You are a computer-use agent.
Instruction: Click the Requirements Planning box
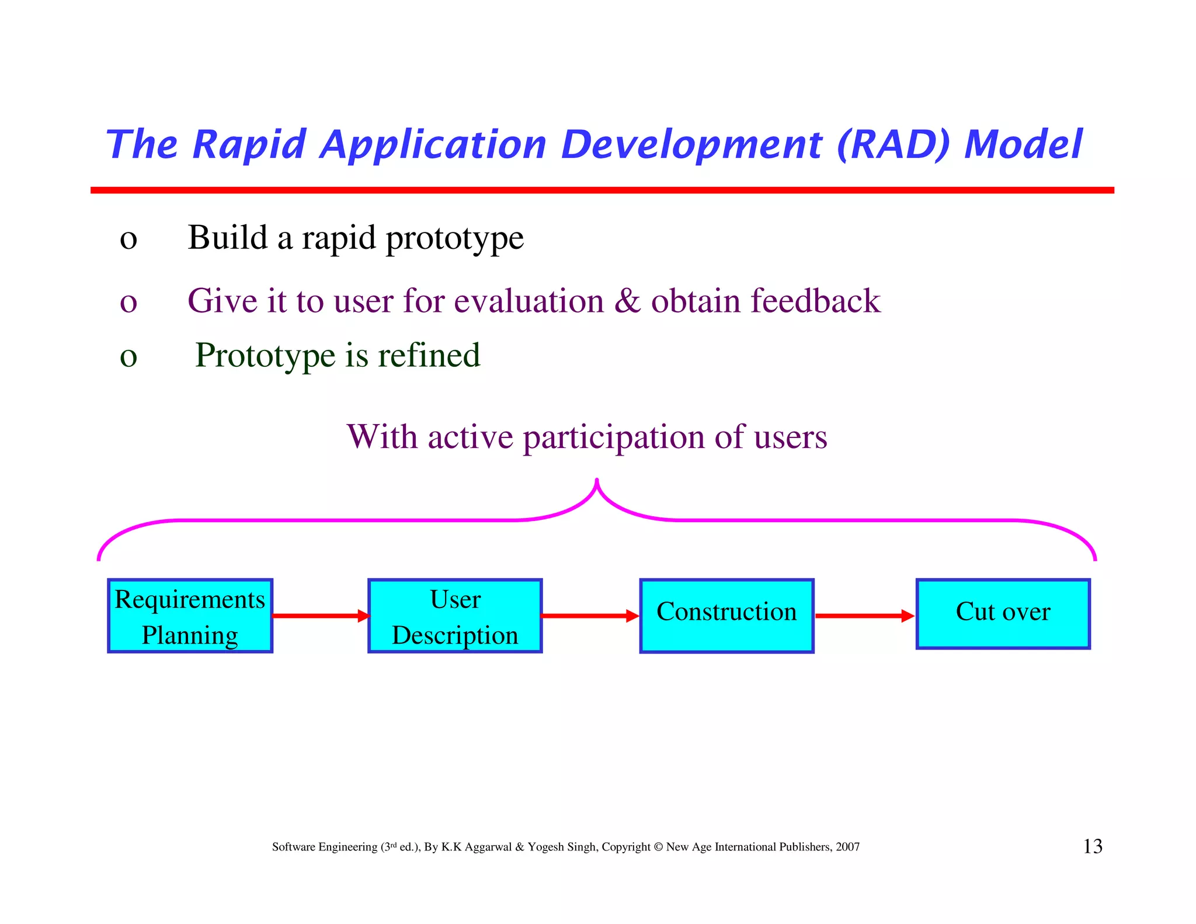point(190,616)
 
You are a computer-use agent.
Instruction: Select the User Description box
point(455,616)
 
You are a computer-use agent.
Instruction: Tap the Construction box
point(726,616)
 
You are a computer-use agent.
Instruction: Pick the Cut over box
point(1003,613)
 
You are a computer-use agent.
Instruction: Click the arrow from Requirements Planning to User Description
point(320,616)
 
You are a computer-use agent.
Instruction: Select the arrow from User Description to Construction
point(590,616)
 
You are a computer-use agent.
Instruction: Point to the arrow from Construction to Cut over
point(864,616)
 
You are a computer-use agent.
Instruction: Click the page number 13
point(1093,846)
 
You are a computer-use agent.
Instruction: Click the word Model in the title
point(1023,144)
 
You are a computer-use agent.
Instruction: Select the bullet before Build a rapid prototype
point(128,239)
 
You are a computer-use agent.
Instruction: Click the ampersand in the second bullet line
point(627,301)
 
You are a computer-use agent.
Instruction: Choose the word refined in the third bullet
point(429,355)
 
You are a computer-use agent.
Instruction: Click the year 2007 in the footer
point(847,847)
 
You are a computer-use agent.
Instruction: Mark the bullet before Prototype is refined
point(128,357)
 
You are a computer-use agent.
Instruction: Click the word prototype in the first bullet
point(454,239)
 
